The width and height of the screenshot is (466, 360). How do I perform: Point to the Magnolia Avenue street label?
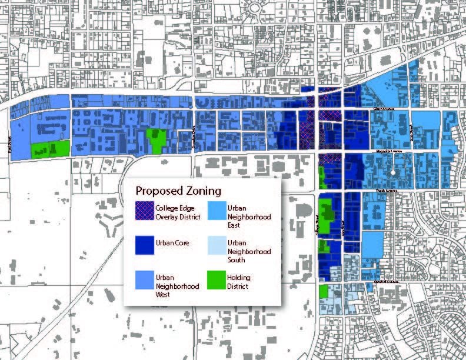tap(389, 152)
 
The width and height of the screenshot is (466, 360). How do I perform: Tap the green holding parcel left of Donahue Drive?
tap(155, 140)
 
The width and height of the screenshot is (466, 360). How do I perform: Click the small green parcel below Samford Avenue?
tap(323, 291)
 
